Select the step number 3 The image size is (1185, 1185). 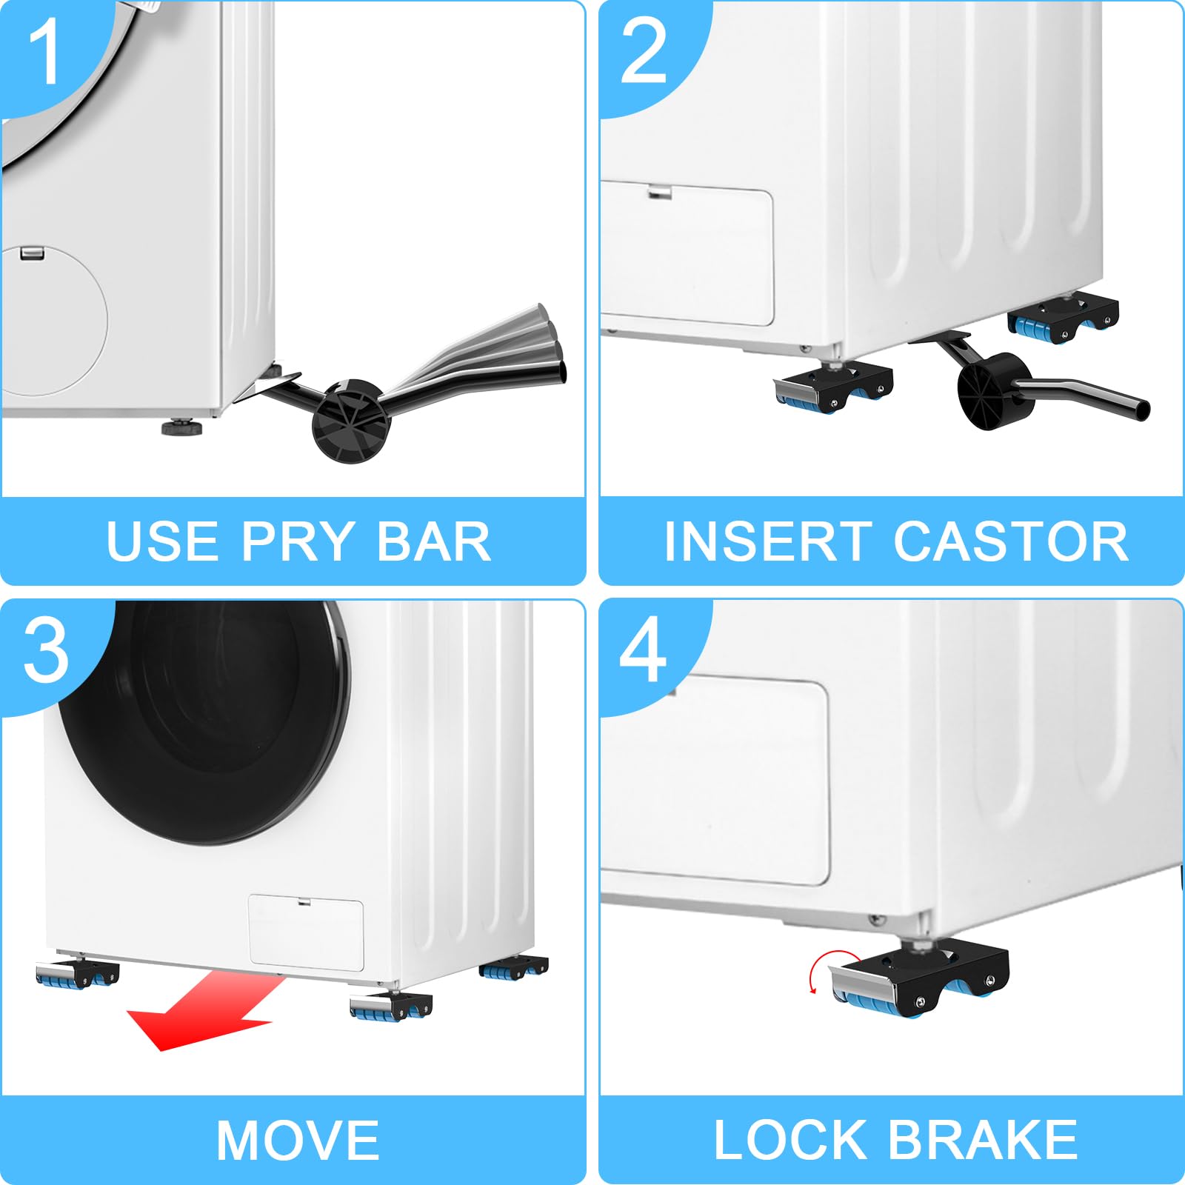click(46, 650)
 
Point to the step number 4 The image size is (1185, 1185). click(643, 650)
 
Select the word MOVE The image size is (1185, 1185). click(298, 1141)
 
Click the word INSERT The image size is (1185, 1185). click(766, 541)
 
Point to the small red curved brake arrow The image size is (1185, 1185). click(815, 974)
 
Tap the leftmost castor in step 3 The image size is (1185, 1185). click(76, 974)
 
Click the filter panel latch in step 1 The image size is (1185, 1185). click(32, 254)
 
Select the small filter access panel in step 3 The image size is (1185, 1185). click(306, 932)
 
